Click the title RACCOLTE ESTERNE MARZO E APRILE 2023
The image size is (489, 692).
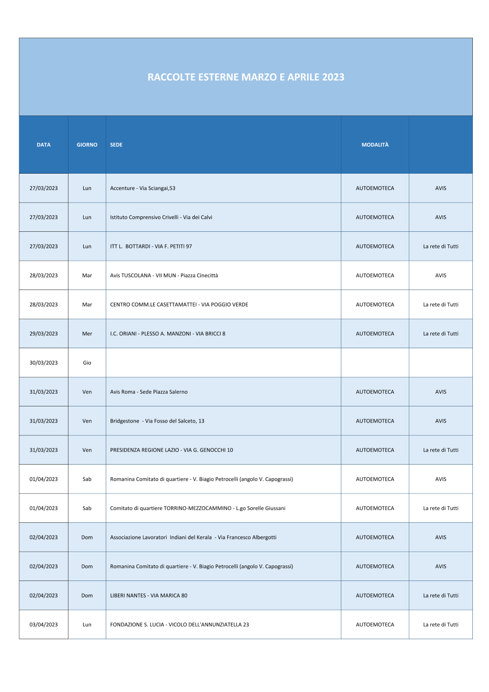(x=246, y=77)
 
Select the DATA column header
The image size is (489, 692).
(x=44, y=145)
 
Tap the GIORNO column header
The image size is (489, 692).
(x=87, y=145)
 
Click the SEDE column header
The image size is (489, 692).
(x=116, y=145)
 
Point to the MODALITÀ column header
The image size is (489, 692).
(x=375, y=145)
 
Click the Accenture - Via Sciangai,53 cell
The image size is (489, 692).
(x=143, y=188)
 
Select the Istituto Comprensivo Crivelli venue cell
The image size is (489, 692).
(x=161, y=217)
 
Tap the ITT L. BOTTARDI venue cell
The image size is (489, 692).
(x=151, y=246)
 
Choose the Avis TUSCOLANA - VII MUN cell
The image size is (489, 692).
(x=164, y=275)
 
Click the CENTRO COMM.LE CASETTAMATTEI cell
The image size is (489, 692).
(x=179, y=305)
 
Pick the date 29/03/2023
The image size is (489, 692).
(x=44, y=334)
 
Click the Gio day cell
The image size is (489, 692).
(x=87, y=363)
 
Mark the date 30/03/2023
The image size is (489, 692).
(x=44, y=363)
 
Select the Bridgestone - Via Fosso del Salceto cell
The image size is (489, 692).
(x=157, y=421)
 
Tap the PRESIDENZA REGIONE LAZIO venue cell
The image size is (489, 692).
(x=172, y=450)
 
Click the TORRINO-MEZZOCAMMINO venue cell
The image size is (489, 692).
(x=198, y=508)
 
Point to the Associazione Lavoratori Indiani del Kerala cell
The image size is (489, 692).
(x=193, y=537)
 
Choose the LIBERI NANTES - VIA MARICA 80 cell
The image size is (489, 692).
(x=149, y=596)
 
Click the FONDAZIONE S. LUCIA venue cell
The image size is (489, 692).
(x=179, y=625)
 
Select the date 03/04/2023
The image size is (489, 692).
(x=44, y=625)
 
